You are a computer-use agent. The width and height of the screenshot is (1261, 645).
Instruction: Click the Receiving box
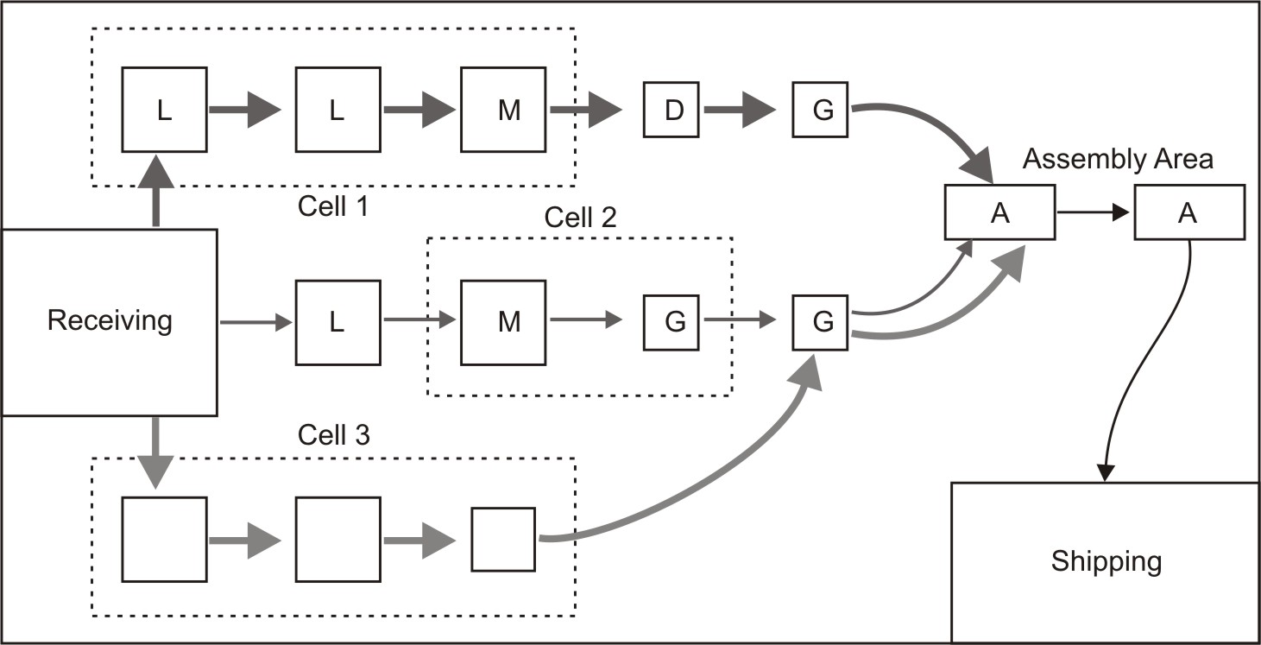tap(109, 322)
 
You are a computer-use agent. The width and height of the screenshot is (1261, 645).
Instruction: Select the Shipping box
tap(1106, 562)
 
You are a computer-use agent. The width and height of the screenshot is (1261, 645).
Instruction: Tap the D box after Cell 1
tap(671, 110)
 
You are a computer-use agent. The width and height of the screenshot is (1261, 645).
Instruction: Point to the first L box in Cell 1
tap(164, 110)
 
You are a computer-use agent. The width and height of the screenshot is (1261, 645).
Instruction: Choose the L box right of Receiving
tap(337, 322)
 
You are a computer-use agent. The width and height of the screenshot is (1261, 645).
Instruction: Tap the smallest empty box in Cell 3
tap(502, 540)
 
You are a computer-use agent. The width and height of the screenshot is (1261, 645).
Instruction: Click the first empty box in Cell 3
tap(164, 540)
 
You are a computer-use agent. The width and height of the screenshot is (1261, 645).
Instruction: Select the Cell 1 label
tap(333, 206)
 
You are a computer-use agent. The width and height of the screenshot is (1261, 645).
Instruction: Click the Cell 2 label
tap(580, 218)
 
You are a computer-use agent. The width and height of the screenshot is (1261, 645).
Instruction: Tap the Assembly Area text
tap(1118, 159)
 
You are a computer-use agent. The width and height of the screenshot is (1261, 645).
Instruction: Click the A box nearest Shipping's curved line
tap(1188, 212)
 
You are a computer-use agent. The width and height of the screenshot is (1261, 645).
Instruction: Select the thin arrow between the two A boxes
tap(1093, 212)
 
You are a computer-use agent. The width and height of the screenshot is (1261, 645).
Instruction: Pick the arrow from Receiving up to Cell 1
tap(156, 192)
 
